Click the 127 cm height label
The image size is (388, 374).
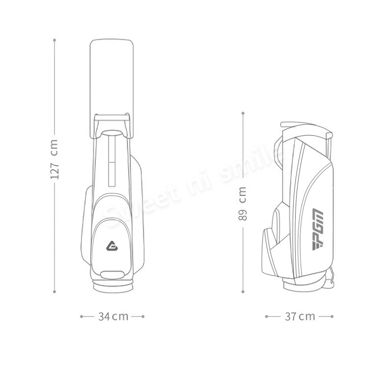click(54, 159)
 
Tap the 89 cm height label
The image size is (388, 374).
click(243, 203)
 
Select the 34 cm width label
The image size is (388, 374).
click(113, 316)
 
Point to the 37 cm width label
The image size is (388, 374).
click(300, 316)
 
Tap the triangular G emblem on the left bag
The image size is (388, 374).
click(112, 246)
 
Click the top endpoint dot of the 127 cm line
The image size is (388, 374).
click(55, 40)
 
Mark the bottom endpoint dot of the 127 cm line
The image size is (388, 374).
click(55, 292)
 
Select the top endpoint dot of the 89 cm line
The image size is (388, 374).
click(243, 113)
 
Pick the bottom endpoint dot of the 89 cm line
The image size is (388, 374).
click(243, 292)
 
